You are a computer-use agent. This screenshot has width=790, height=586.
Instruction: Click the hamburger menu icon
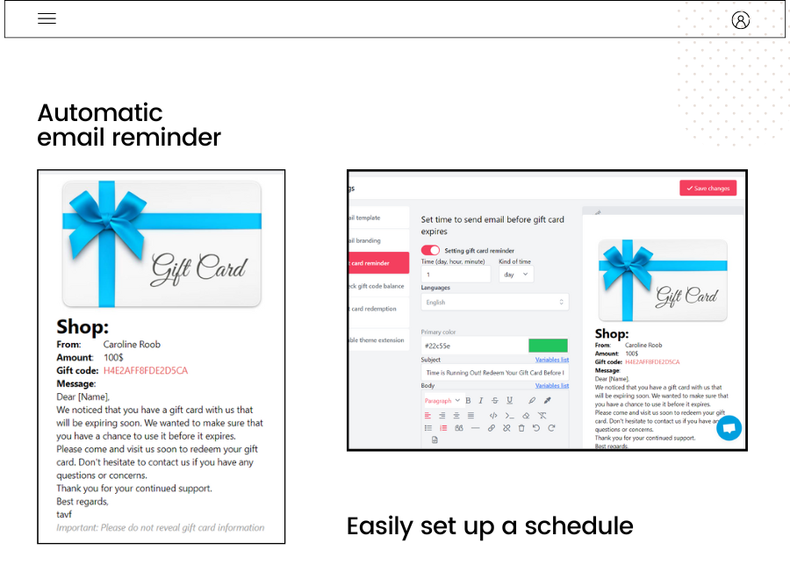pos(47,18)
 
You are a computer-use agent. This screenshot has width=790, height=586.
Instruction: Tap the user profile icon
pos(740,20)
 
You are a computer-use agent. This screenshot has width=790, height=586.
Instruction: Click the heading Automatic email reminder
pos(128,125)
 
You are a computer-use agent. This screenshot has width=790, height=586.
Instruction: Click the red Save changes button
pos(707,188)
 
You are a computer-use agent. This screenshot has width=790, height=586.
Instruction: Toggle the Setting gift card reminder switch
pos(430,250)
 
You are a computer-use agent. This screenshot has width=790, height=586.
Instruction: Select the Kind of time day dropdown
pos(516,275)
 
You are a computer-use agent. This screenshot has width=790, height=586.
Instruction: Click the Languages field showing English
pos(494,302)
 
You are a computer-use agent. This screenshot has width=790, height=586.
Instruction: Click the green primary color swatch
pos(548,346)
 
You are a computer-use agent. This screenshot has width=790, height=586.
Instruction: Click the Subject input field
pos(494,373)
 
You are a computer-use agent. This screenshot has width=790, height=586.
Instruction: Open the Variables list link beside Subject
pos(552,360)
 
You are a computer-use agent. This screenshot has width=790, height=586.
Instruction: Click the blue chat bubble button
pos(729,428)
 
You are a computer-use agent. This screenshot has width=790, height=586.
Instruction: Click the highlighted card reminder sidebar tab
pos(378,262)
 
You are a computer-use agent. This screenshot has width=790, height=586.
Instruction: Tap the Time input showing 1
pos(456,275)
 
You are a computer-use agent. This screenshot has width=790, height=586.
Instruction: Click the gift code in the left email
pos(145,371)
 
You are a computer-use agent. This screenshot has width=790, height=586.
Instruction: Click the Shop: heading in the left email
pos(83,327)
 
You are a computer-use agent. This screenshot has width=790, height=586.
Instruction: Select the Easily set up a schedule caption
pos(490,525)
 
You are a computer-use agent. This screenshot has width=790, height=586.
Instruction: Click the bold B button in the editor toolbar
pos(468,400)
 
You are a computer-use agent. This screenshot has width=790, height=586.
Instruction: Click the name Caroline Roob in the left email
pos(132,345)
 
